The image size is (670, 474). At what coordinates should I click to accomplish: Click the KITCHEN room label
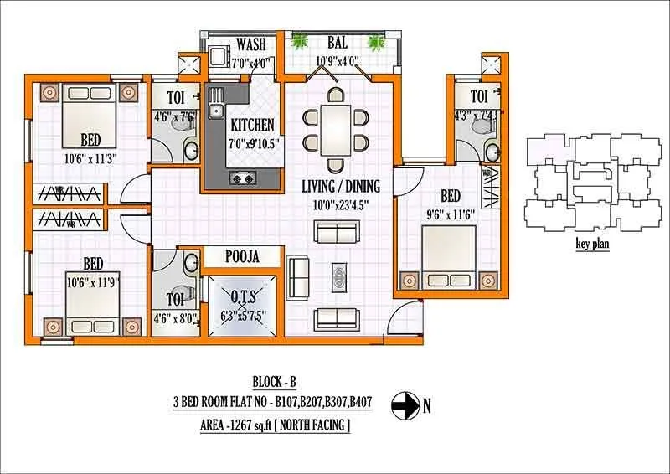coord(252,125)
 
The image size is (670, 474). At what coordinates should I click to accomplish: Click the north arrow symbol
coord(406,406)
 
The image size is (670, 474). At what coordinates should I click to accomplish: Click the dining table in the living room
coord(335,128)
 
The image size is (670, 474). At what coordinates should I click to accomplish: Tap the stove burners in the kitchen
coord(244,178)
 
